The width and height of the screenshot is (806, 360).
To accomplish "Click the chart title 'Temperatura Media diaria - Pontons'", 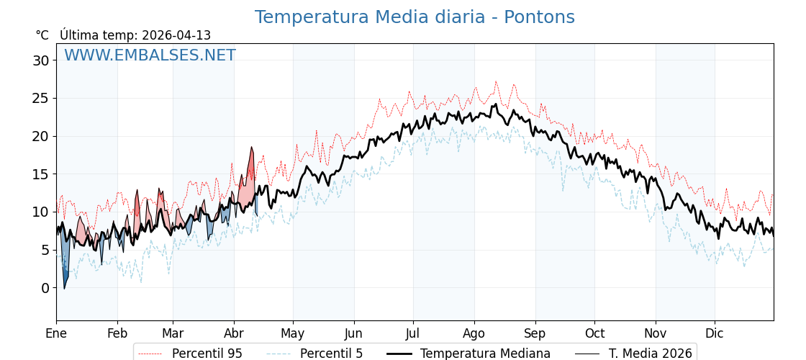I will coord(415,17).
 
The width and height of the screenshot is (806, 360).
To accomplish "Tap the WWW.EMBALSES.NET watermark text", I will coord(150,55).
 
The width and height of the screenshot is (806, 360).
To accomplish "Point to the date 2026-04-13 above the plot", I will coord(176,35).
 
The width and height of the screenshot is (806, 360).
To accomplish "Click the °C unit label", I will coord(42,35).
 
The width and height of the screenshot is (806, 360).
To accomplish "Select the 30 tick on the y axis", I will coord(40,60).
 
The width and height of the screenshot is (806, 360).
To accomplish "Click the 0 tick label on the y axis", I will coord(45,288).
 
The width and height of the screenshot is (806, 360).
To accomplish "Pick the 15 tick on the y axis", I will coord(40,174).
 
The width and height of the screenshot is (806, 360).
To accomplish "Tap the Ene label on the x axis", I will coord(56,333).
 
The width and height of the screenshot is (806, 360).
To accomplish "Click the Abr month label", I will coord(234,333).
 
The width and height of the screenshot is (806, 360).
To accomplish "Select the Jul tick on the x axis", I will coord(413,333).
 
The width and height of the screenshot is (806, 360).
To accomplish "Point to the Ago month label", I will coord(474,333).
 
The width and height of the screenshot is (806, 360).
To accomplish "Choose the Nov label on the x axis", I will coord(656,333).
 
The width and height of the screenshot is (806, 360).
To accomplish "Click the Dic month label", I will coord(715,333).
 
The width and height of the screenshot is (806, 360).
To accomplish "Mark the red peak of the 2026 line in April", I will coord(252,148).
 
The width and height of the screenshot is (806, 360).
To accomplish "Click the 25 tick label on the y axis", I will coord(40,99).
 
